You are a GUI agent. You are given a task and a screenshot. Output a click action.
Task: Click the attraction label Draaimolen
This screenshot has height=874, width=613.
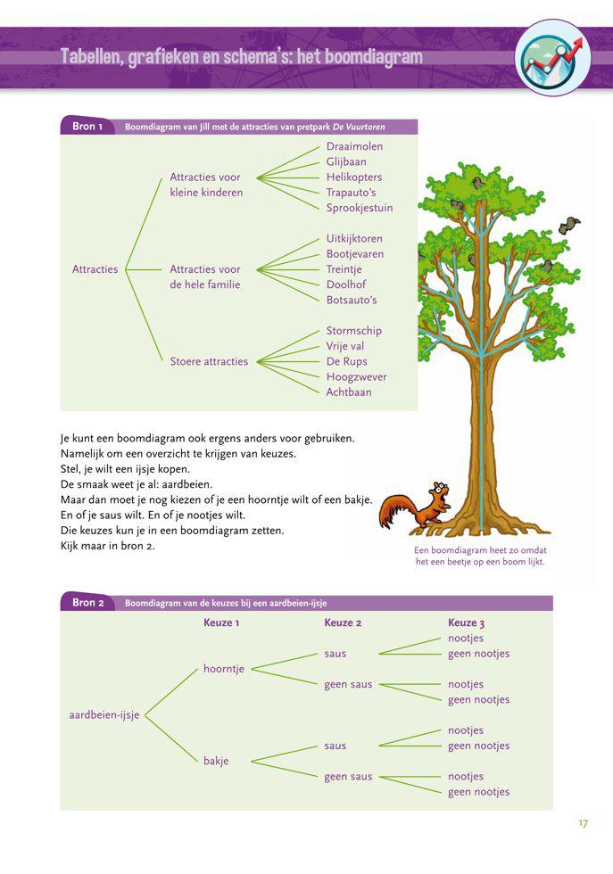(354, 146)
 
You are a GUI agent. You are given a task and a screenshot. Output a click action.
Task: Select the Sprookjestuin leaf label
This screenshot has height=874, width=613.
(359, 208)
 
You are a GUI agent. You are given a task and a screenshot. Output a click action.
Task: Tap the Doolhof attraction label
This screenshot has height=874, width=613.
(346, 284)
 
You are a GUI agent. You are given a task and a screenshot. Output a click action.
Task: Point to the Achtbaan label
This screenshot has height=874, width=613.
(349, 392)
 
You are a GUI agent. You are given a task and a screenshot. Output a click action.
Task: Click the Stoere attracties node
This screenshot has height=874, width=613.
(209, 361)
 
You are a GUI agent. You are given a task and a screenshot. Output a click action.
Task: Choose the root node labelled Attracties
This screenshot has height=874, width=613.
(95, 269)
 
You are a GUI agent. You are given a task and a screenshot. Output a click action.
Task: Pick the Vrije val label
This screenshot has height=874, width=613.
(345, 346)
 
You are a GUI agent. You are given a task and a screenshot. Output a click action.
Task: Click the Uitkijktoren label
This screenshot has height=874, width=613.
(354, 239)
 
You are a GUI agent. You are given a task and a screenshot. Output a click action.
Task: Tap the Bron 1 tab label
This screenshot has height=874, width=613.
(87, 127)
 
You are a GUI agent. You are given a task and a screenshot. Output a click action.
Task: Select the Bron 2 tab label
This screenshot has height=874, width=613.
(87, 603)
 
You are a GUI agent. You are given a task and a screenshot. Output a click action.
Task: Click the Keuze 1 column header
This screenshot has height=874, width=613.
(221, 623)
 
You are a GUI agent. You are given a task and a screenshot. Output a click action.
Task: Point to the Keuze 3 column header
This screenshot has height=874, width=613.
(466, 623)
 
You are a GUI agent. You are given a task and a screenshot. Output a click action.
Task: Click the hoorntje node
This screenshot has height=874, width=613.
(224, 669)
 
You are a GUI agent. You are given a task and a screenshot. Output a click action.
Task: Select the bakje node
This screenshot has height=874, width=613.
(216, 761)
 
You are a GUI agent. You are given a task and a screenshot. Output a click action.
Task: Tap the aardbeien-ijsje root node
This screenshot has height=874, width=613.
(104, 715)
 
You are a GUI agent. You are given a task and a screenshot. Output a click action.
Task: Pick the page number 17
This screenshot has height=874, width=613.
(583, 823)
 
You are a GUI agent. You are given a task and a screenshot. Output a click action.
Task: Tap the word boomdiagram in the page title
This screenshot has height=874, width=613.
(364, 58)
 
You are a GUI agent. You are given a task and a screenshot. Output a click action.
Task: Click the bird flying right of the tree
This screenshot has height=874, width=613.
(568, 226)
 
